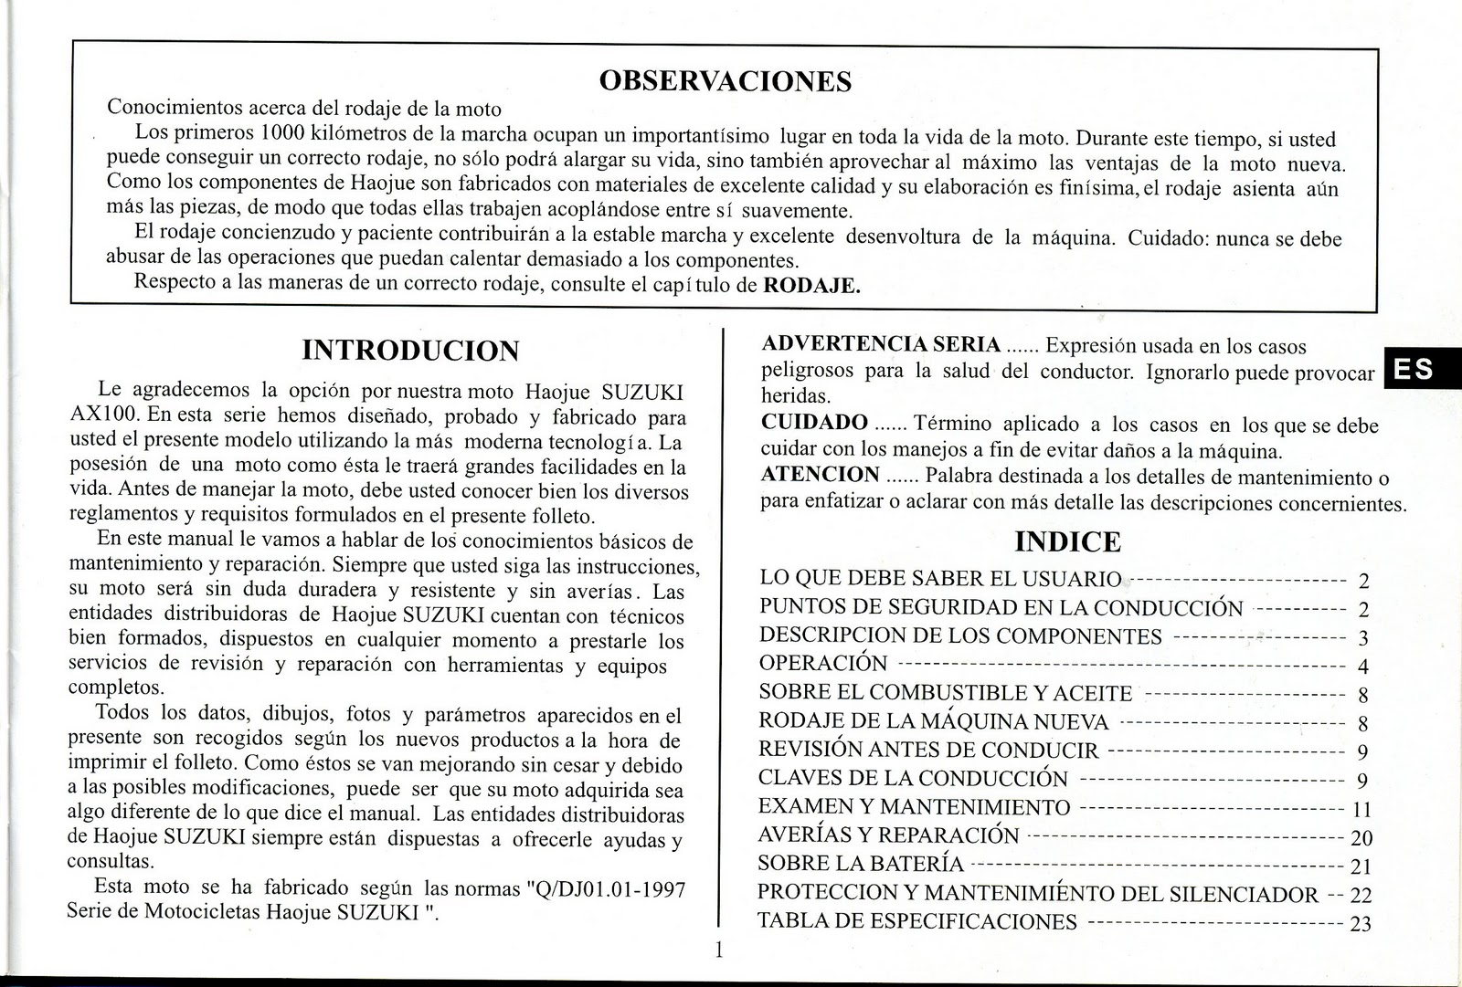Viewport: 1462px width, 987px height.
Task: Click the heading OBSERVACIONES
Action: [725, 81]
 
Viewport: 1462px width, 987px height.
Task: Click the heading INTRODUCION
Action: [410, 351]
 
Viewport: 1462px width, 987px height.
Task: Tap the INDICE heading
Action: [1067, 542]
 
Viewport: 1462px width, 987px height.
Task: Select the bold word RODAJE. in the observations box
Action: [811, 285]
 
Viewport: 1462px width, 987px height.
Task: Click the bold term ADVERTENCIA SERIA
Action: [881, 344]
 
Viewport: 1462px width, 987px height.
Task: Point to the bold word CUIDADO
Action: [814, 423]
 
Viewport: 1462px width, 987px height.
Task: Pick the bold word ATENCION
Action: [820, 475]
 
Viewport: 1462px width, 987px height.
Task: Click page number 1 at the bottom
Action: [718, 950]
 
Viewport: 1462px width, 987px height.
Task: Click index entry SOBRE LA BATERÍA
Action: [862, 864]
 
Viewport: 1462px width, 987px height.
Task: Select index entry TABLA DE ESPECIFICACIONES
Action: [917, 921]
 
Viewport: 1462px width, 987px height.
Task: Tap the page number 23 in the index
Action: [1361, 924]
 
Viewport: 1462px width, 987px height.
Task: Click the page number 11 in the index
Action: [1361, 810]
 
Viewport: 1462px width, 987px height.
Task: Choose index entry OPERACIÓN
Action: [823, 664]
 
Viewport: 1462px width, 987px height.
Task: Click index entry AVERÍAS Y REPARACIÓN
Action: [888, 835]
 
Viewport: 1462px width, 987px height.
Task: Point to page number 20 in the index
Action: [1361, 838]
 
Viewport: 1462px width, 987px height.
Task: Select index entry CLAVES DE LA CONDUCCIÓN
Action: [913, 779]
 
